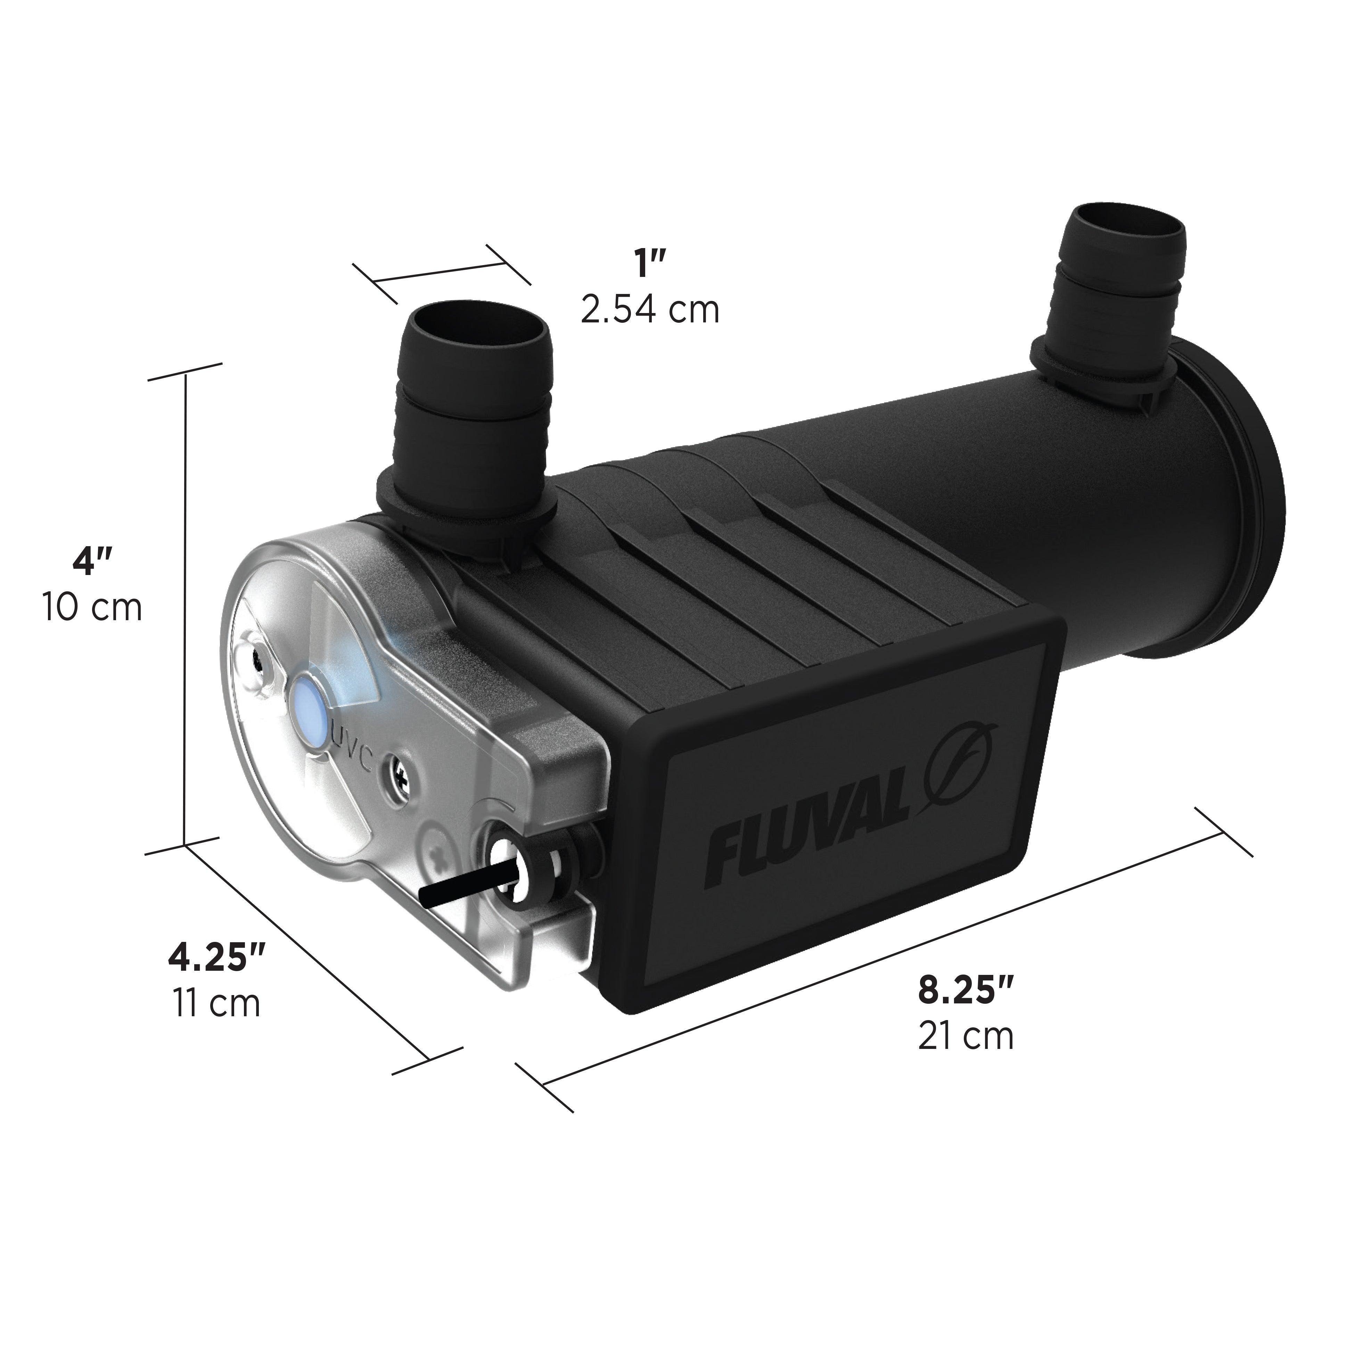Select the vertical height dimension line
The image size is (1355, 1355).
[186, 610]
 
